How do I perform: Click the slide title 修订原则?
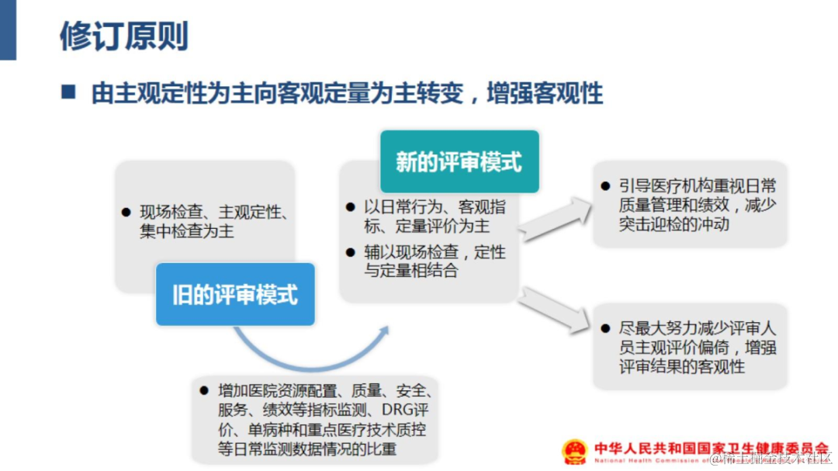(x=123, y=36)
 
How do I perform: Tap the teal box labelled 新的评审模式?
(x=459, y=161)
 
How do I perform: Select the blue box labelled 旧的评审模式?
(x=234, y=294)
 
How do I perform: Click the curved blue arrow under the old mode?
(x=310, y=352)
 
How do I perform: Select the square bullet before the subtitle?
(x=68, y=93)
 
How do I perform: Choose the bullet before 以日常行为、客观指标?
(x=351, y=207)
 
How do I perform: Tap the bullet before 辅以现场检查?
(x=351, y=252)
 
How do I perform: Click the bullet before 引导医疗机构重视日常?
(x=605, y=186)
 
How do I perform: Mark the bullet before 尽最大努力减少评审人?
(x=605, y=329)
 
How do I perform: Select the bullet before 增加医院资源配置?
(x=204, y=390)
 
